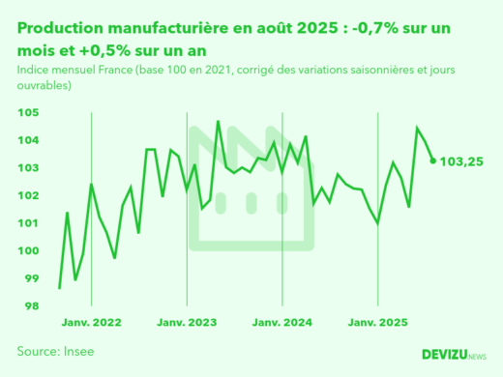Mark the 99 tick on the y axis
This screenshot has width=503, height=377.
31,279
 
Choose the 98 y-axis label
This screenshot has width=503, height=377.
31,306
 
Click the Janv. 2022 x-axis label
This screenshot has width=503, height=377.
92,322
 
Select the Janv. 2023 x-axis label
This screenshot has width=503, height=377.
187,322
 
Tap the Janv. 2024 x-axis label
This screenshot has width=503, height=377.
281,322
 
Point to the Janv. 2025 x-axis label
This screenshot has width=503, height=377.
377,322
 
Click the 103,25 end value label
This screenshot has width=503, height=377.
461,161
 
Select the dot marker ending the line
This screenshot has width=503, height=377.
432,160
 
